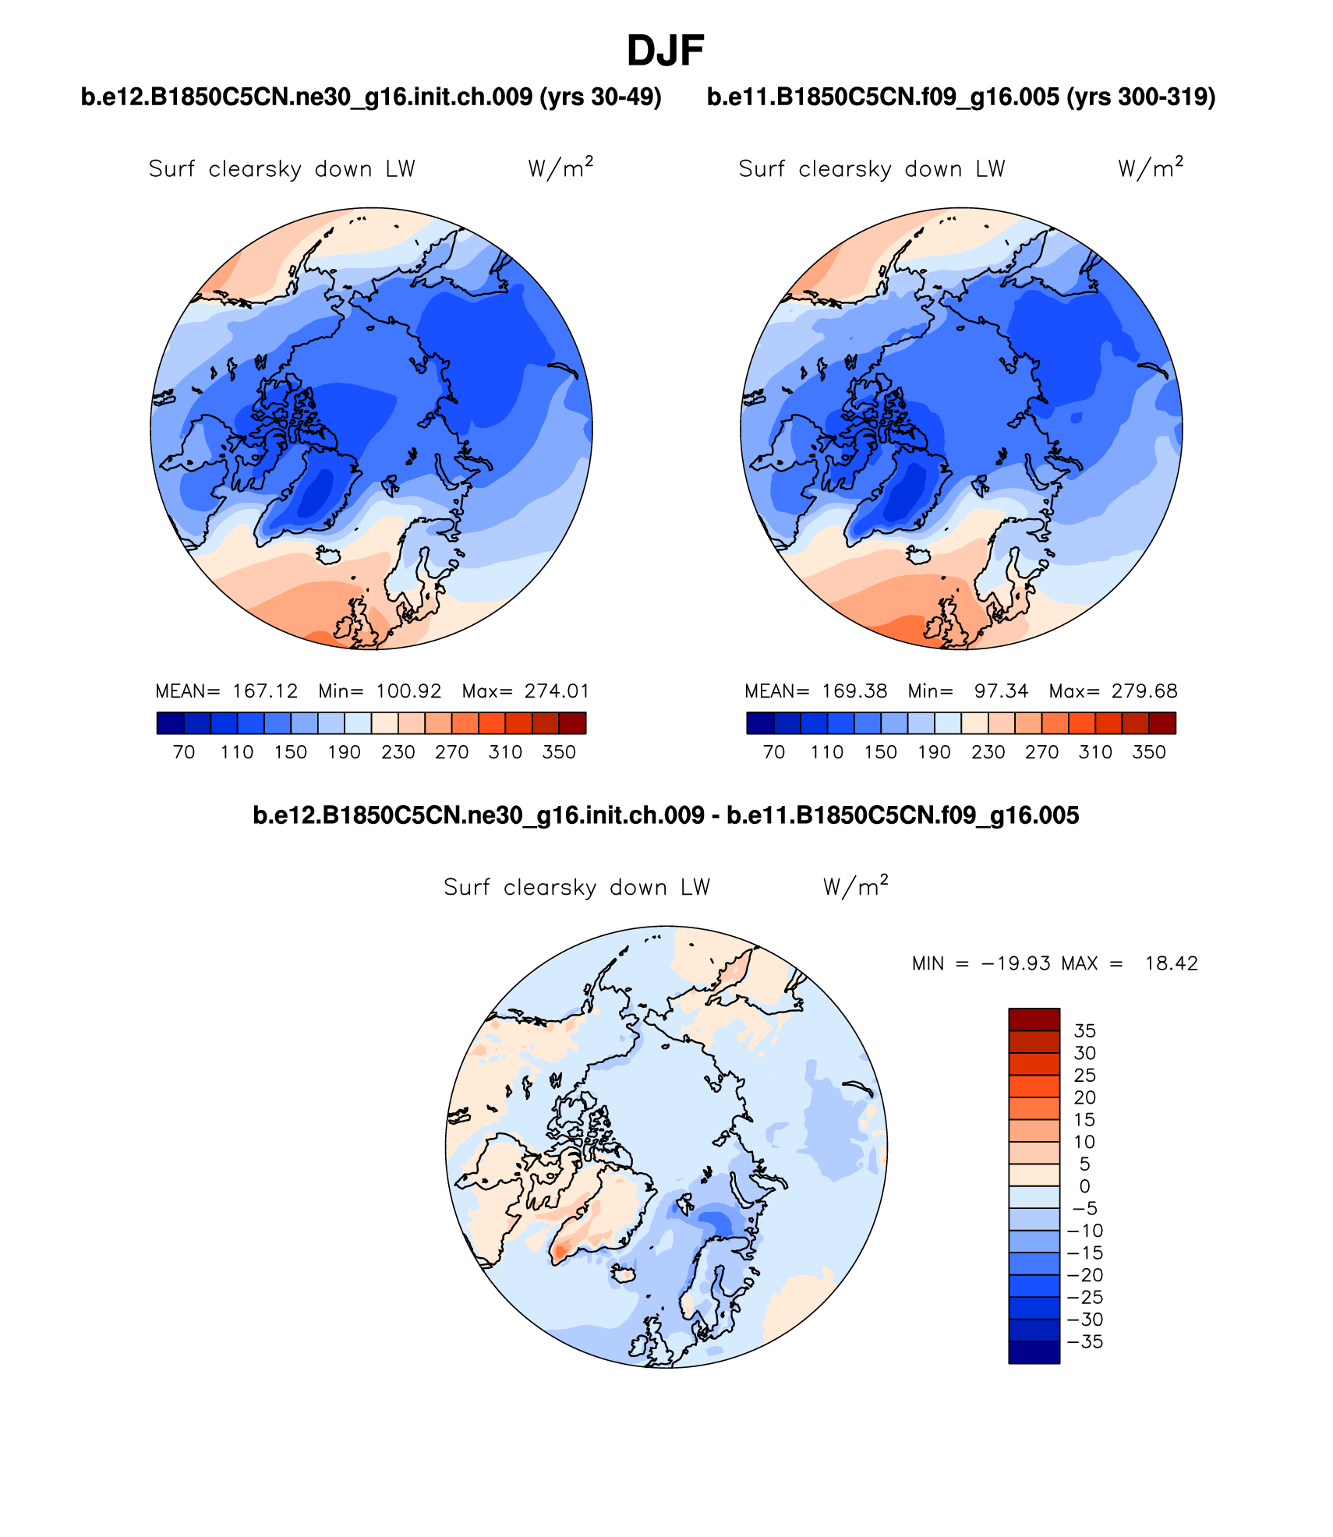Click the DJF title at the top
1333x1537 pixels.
click(665, 51)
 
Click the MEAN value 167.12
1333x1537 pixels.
click(265, 691)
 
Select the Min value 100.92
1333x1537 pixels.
click(408, 691)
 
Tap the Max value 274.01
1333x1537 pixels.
click(557, 691)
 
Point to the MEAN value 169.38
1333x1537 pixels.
click(854, 691)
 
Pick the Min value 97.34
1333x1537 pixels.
click(1001, 691)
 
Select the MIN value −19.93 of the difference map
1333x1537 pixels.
click(1016, 963)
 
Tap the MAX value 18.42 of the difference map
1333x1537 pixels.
click(1171, 963)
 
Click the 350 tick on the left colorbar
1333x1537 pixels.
click(559, 752)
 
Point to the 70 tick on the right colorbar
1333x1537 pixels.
click(773, 752)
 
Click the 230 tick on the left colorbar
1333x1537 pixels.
click(398, 752)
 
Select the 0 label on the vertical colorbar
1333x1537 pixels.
click(1084, 1186)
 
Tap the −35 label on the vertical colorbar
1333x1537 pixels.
click(1085, 1341)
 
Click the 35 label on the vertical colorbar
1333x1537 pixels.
click(1085, 1030)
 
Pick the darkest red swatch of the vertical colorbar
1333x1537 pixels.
click(1034, 1019)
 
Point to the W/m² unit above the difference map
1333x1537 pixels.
click(855, 887)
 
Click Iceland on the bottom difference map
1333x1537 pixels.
click(623, 1274)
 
